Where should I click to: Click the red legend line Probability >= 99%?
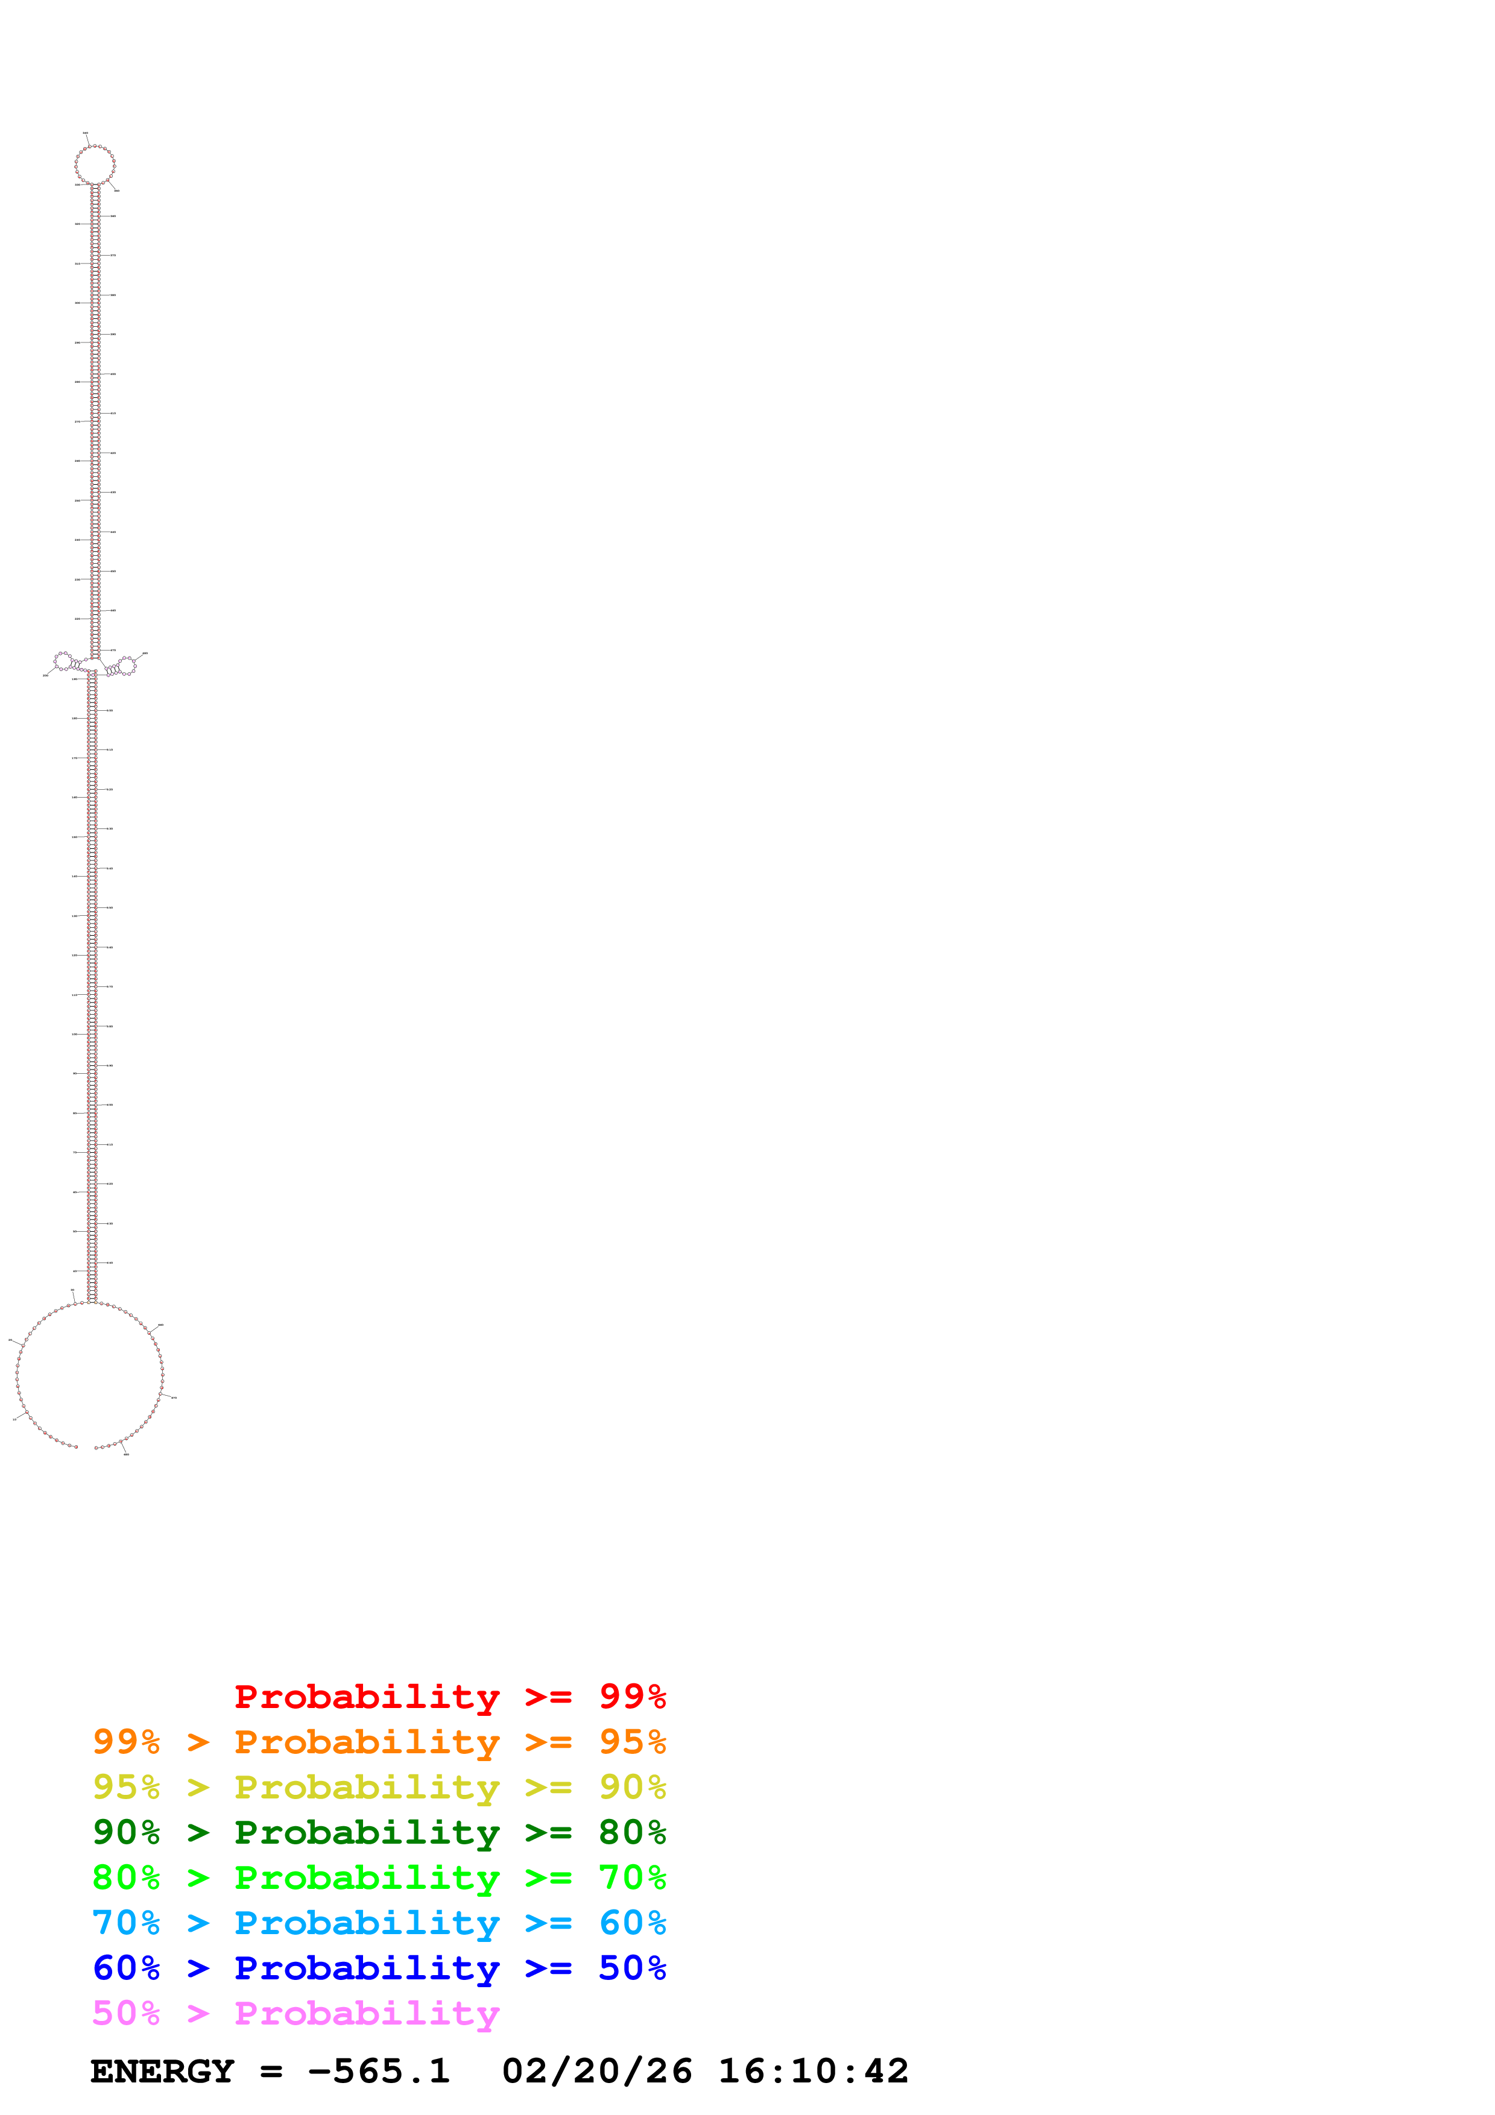(x=449, y=1697)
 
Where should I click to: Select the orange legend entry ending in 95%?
(x=379, y=1742)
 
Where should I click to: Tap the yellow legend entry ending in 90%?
(x=379, y=1787)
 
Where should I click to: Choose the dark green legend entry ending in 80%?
(x=379, y=1832)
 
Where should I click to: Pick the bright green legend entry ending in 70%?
(x=379, y=1877)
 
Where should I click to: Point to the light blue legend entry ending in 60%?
(x=379, y=1923)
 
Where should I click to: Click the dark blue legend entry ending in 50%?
(x=379, y=1968)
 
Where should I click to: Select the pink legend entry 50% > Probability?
(x=295, y=2013)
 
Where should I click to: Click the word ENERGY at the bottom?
(x=162, y=2072)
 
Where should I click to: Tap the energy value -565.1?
(x=379, y=2072)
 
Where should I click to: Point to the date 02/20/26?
(x=597, y=2072)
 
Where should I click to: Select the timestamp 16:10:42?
(x=814, y=2072)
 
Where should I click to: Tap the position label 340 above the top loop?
(x=86, y=134)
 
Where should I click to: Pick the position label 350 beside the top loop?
(x=116, y=190)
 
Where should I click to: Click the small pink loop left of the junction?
(x=63, y=660)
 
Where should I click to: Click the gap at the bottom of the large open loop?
(x=86, y=1447)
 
